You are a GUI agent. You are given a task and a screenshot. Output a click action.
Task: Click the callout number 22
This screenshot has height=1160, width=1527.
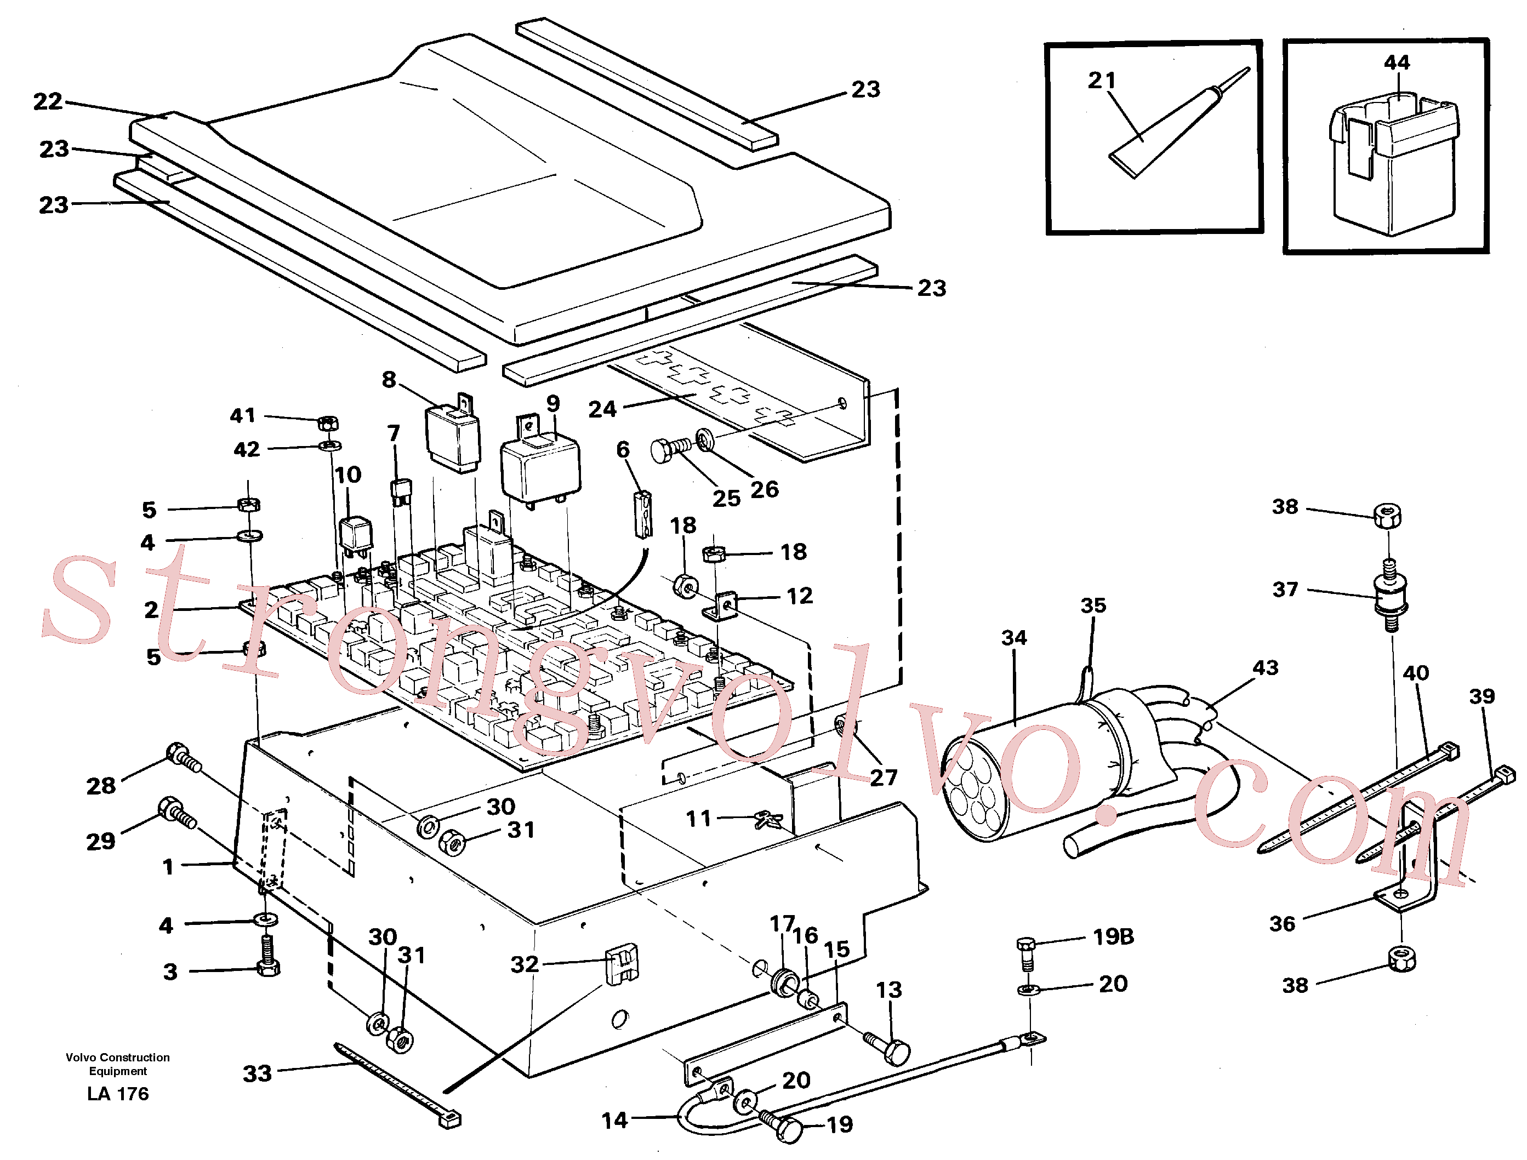click(x=48, y=101)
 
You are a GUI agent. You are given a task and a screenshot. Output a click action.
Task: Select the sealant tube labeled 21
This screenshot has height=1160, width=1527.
click(x=1179, y=122)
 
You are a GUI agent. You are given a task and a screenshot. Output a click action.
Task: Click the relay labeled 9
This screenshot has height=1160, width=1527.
click(x=540, y=462)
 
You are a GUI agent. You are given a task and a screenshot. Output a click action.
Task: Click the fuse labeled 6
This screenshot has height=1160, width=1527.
click(x=643, y=514)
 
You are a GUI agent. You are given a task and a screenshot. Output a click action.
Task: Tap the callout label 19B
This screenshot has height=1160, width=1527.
click(x=1113, y=936)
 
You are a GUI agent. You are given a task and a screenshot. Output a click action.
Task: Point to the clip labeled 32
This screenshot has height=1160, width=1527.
click(x=622, y=963)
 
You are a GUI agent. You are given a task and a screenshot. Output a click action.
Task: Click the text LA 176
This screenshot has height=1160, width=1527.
click(x=118, y=1094)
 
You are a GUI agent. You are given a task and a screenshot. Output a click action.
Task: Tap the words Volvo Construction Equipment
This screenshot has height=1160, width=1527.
click(x=117, y=1064)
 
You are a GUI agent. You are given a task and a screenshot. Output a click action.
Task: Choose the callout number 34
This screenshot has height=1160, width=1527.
click(x=1014, y=638)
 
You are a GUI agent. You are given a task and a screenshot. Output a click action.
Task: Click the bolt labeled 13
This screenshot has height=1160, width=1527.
click(x=887, y=1048)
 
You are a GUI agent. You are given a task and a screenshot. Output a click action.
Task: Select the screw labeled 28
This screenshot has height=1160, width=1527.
click(x=184, y=757)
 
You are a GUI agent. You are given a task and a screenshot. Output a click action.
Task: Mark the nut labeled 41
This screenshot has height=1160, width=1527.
click(x=329, y=422)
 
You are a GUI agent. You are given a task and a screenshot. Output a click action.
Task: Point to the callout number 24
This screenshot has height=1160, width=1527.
click(x=602, y=409)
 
